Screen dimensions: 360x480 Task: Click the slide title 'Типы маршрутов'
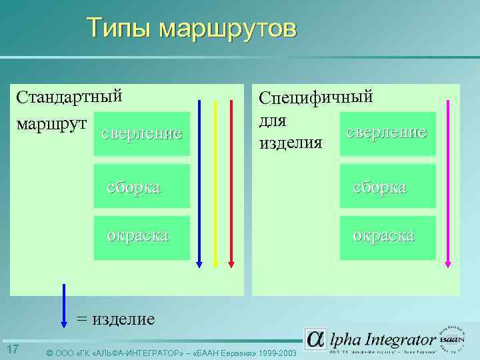192,29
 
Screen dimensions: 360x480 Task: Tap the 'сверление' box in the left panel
141,134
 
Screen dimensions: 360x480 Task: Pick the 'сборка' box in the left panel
141,187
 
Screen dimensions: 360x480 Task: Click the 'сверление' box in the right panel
387,133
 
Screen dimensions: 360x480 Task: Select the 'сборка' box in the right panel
387,187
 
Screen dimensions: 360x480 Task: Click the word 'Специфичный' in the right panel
315,97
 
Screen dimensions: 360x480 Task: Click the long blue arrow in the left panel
199,183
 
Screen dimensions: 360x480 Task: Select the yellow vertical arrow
215,183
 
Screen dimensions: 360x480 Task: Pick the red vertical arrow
231,183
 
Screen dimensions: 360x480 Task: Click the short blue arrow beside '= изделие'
64,305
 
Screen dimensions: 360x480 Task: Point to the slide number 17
12,350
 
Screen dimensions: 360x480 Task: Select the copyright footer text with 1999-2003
170,352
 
